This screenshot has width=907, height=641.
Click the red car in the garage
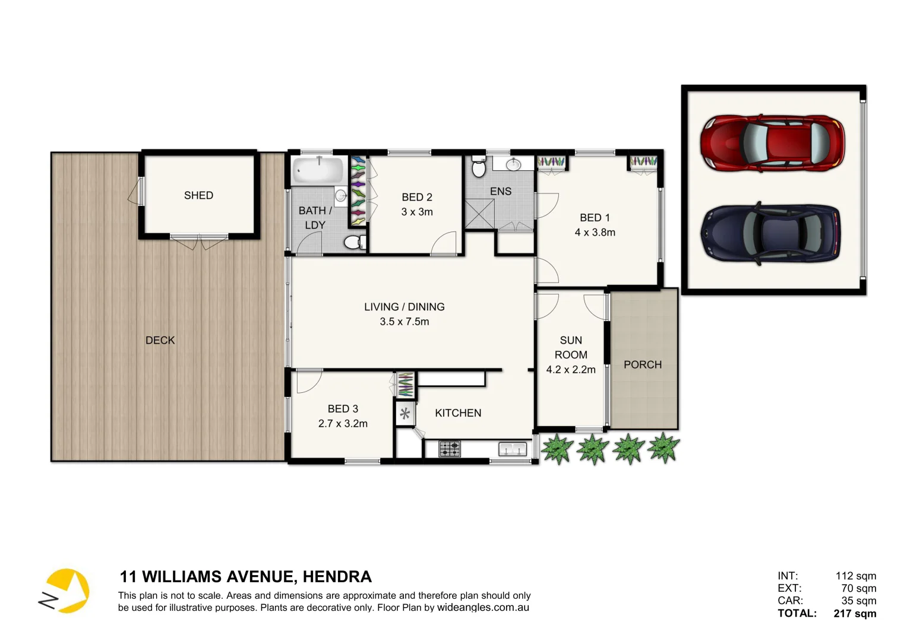point(772,144)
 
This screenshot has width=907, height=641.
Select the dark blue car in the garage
point(771,234)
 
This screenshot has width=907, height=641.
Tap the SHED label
point(198,195)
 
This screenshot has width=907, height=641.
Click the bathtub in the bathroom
point(318,170)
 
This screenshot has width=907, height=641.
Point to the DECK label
point(160,340)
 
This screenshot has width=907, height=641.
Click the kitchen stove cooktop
point(450,449)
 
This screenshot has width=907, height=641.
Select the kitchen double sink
point(513,449)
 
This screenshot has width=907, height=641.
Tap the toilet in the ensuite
point(478,167)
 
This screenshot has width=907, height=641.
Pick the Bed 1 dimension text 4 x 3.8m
point(595,233)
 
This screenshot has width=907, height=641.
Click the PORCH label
point(643,364)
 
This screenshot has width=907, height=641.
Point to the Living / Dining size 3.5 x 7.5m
point(404,322)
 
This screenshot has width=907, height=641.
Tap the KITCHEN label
point(458,413)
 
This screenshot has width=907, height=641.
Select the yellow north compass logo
point(67,591)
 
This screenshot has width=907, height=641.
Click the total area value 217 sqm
point(855,614)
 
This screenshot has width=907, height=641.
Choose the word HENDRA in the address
point(337,577)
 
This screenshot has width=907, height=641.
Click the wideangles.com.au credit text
point(483,608)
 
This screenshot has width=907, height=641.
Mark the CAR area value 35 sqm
point(858,601)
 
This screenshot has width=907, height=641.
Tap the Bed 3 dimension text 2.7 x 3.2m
point(343,424)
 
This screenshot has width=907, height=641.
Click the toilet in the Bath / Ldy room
point(355,242)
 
